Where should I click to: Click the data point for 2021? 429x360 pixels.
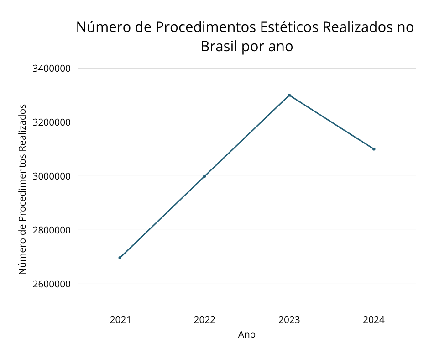[120, 258]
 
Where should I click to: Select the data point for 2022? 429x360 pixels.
[204, 176]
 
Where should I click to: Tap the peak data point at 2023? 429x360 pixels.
[289, 95]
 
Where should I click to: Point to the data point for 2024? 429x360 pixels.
[374, 149]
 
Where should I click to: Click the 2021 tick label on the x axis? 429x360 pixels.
[120, 320]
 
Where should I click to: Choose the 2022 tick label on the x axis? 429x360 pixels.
[204, 320]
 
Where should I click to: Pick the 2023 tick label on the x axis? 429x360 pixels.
[289, 320]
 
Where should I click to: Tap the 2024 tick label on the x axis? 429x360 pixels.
[374, 320]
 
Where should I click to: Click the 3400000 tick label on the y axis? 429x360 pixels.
[52, 69]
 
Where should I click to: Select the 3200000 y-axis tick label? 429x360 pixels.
[52, 122]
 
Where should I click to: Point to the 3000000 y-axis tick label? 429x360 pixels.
[52, 176]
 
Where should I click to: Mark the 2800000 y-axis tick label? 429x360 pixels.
[52, 230]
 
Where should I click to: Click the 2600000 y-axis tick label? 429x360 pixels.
[52, 284]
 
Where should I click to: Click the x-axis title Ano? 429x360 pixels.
[247, 334]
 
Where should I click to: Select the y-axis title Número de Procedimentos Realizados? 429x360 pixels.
[22, 189]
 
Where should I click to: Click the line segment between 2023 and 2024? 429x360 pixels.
[331, 122]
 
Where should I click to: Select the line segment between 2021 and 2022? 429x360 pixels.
[162, 217]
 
